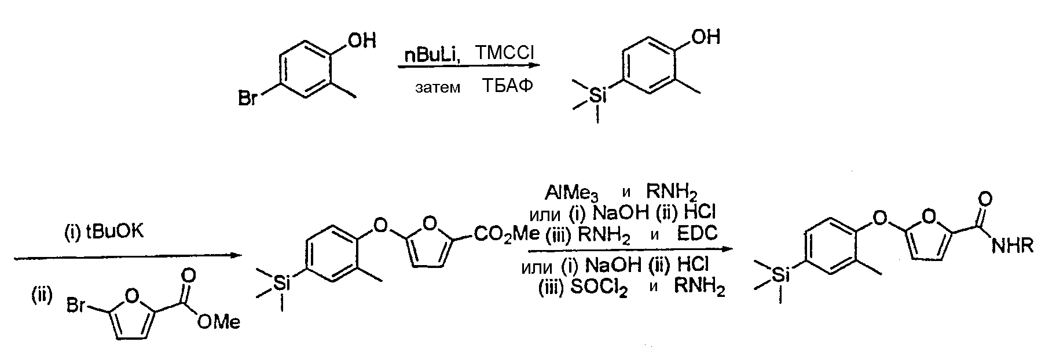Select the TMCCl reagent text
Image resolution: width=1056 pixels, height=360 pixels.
(505, 53)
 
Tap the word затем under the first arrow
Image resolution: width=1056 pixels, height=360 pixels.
(438, 88)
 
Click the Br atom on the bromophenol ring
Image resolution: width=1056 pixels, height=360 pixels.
(248, 99)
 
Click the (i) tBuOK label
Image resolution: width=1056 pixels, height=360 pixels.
(103, 233)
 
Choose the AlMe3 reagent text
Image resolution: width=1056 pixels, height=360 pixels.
(571, 192)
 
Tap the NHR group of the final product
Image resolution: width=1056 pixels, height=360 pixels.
(1013, 246)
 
